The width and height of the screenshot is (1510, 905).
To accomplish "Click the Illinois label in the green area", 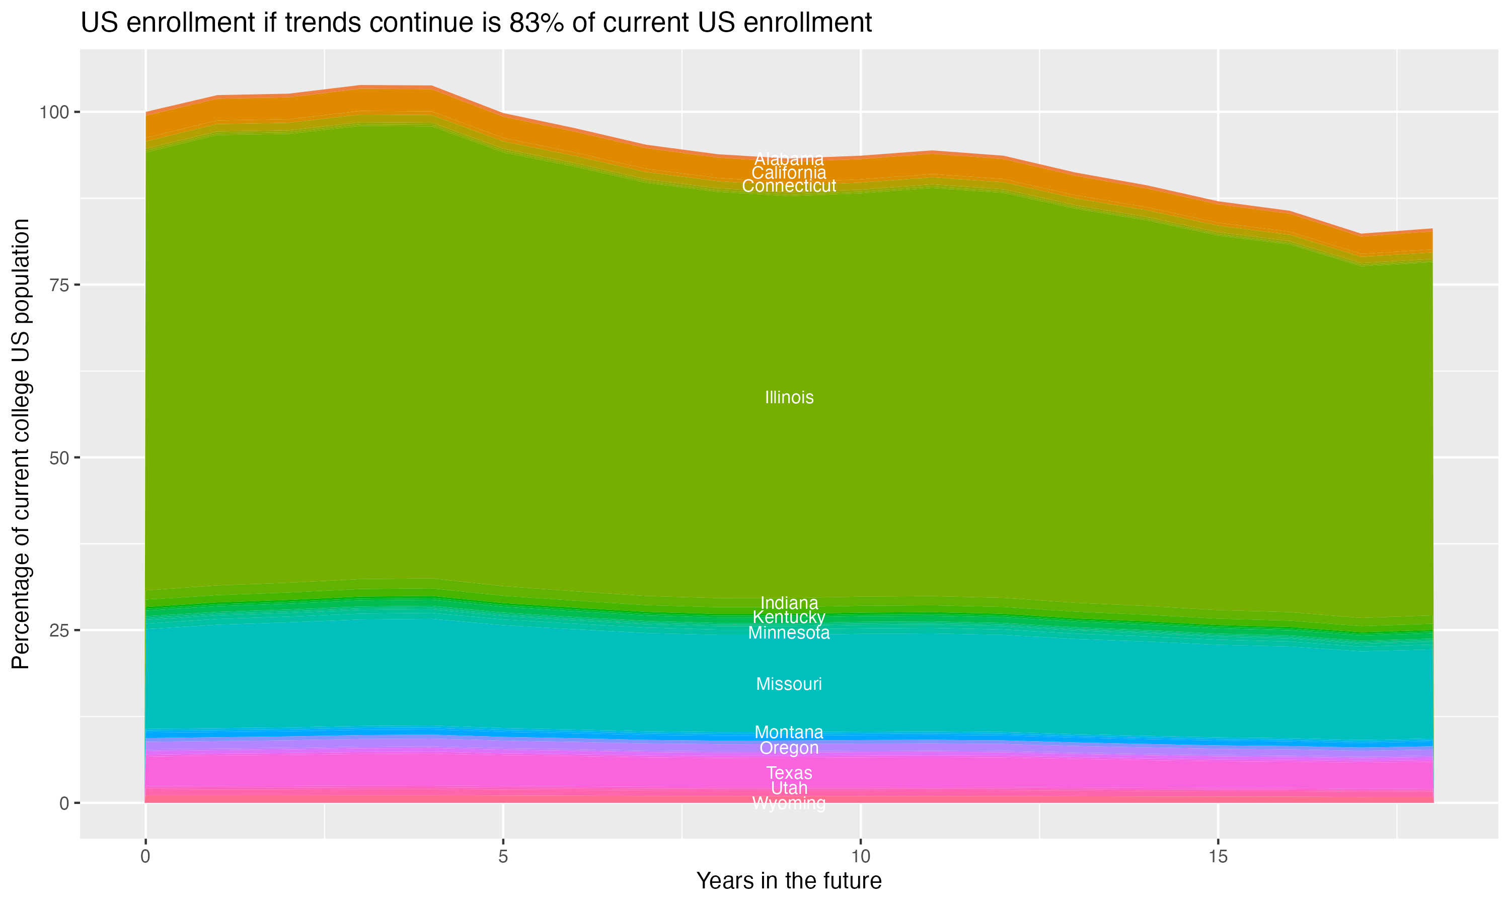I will tap(789, 398).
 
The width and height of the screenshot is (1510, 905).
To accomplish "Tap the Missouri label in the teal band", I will tap(789, 684).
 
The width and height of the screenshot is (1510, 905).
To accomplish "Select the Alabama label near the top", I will tap(789, 159).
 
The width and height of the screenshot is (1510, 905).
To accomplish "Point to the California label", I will tap(789, 172).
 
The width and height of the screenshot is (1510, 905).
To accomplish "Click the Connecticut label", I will tap(789, 186).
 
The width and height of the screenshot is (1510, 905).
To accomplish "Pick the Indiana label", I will tap(789, 603).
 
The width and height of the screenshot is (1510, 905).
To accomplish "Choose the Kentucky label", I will tap(789, 617).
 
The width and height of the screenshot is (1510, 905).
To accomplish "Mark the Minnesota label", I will tap(789, 633).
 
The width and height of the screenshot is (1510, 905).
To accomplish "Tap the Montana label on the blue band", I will tap(789, 732).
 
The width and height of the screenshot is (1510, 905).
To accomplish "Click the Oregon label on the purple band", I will tap(789, 748).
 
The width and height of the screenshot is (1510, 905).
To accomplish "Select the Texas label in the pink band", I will tap(789, 773).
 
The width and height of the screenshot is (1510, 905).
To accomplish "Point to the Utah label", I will tap(789, 788).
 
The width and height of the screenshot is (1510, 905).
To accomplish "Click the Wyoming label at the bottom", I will tap(789, 804).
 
